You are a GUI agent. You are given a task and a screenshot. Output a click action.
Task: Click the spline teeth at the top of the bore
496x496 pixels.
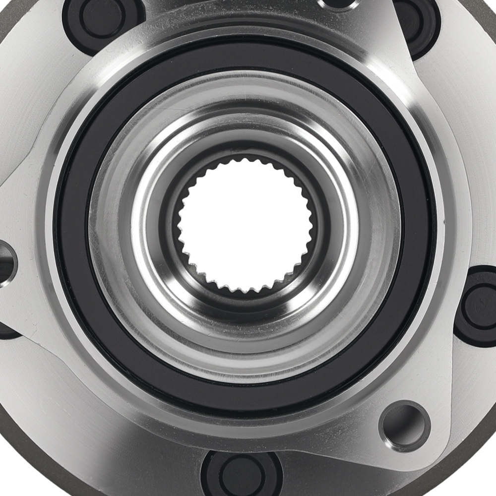(243, 161)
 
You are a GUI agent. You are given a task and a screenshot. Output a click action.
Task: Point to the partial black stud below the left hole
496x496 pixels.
(7, 330)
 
